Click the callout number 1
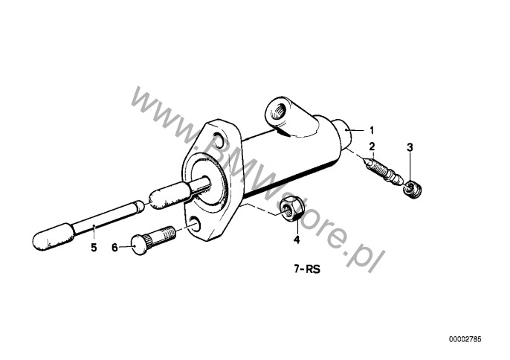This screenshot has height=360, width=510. point(372,130)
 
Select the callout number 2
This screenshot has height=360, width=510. point(372,147)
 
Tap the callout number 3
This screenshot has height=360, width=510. point(410,147)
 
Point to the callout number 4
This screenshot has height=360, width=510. point(297,240)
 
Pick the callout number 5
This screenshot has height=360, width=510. point(94,248)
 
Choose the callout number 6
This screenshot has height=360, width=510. point(114,248)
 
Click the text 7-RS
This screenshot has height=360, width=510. point(307,269)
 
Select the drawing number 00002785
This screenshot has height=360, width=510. point(465,339)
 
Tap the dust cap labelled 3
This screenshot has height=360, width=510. point(413,189)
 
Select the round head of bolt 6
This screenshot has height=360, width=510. point(139,245)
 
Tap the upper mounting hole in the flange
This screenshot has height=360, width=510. point(218,141)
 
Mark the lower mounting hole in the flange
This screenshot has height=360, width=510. point(195,222)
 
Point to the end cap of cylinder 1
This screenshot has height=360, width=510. point(344,133)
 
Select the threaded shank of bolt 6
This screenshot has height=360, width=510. point(162,237)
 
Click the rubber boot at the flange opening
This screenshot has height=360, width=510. point(170,195)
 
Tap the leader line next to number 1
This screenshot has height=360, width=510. point(357,130)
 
